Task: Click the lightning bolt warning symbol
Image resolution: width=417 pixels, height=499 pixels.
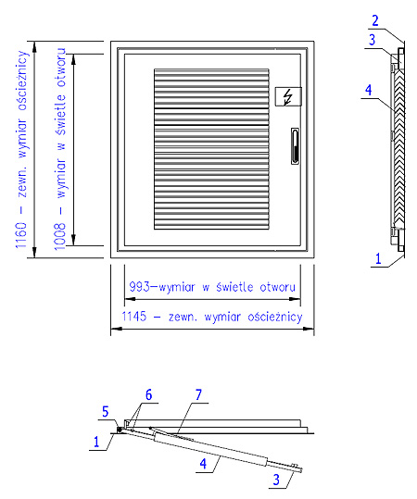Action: click(x=288, y=97)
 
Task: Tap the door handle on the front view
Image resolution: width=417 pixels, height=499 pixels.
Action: click(x=296, y=146)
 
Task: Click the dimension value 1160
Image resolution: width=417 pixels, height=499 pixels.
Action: click(x=21, y=235)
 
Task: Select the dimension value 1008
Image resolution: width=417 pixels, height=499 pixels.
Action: click(x=60, y=236)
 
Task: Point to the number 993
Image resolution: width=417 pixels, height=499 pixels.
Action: click(x=139, y=287)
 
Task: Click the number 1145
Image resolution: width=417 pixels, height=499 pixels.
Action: click(x=134, y=317)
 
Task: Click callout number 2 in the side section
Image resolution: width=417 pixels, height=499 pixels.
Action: click(x=375, y=20)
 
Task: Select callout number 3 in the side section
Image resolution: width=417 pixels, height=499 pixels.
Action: click(x=372, y=40)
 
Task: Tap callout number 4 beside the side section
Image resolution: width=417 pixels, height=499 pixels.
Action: click(x=368, y=90)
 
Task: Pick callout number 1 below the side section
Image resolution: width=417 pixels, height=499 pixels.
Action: click(x=378, y=258)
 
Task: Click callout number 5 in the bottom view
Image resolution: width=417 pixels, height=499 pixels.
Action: click(x=106, y=412)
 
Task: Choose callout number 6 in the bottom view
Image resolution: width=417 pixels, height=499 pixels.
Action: click(x=149, y=395)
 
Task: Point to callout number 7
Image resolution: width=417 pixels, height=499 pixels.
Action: click(x=199, y=395)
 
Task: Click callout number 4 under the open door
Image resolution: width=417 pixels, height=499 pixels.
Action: click(x=203, y=463)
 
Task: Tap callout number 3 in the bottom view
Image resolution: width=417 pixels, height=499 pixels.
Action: click(x=276, y=480)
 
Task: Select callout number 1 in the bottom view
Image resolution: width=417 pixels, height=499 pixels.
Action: click(x=96, y=442)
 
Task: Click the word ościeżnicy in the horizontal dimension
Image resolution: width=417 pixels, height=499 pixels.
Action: click(x=275, y=317)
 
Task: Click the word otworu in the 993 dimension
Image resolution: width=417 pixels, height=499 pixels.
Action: click(x=277, y=287)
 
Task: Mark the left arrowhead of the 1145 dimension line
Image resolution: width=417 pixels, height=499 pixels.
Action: click(x=115, y=329)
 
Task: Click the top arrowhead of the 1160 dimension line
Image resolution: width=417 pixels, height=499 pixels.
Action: click(x=34, y=46)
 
